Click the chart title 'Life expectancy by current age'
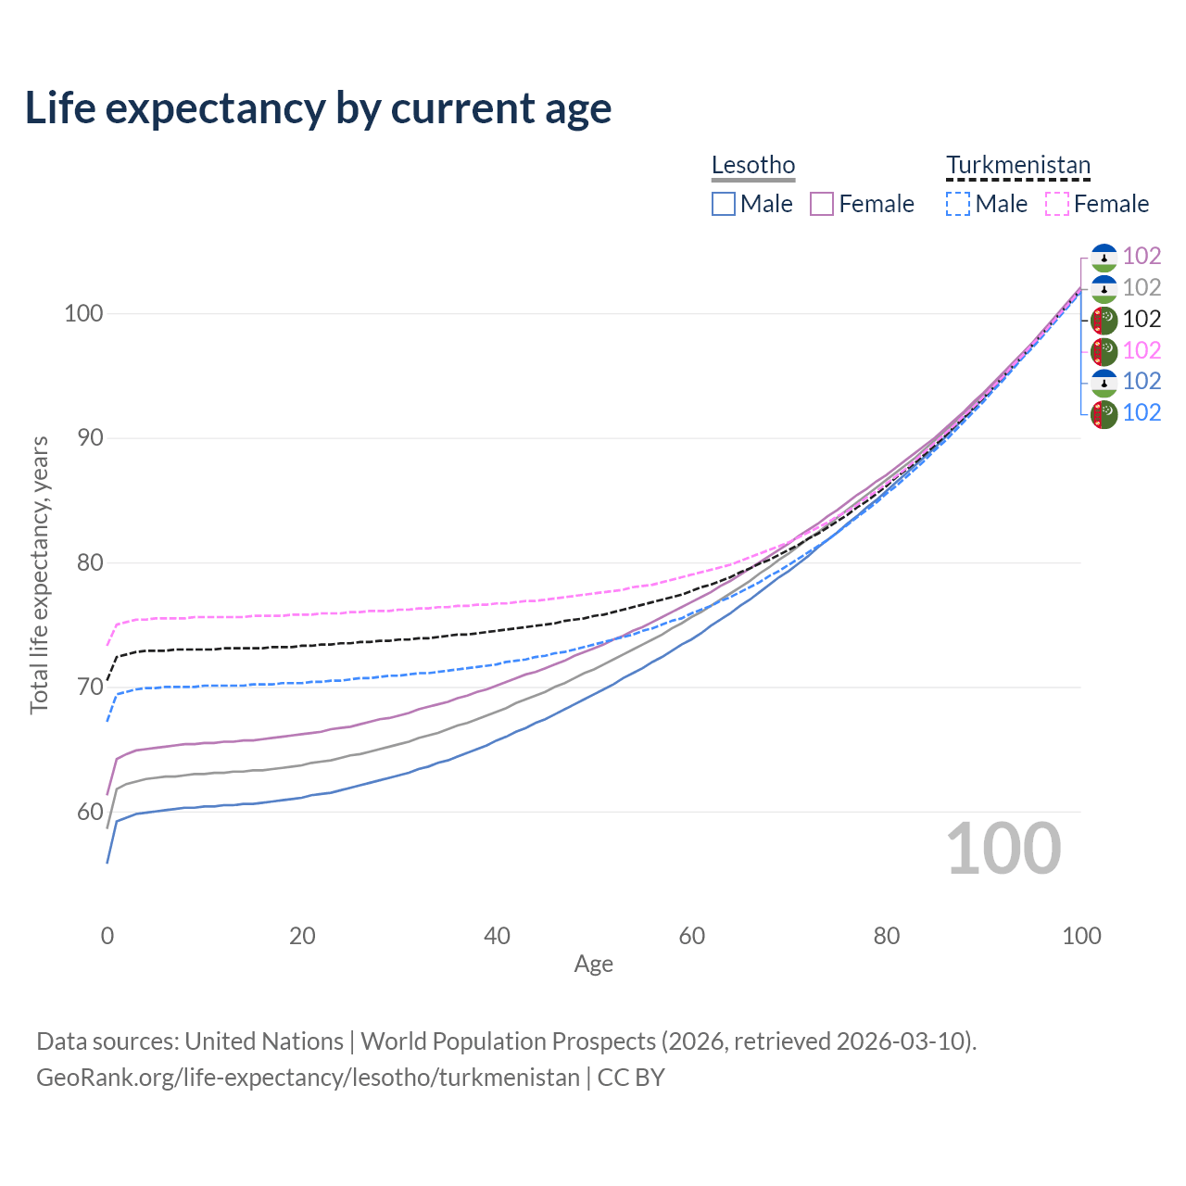[318, 108]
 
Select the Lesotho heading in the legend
[753, 165]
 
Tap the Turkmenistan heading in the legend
[1018, 165]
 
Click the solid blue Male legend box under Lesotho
[724, 204]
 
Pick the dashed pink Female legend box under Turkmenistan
[1057, 204]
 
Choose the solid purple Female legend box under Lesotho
[822, 204]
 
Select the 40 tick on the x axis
[498, 936]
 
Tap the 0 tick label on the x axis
[107, 936]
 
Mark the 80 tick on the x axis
[887, 936]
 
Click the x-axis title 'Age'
[594, 965]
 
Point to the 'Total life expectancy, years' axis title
[39, 574]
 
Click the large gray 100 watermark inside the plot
[1003, 849]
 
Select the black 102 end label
[1142, 319]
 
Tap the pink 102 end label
[1142, 350]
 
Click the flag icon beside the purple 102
[1104, 257]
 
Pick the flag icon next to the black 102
[1104, 320]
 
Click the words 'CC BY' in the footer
[631, 1078]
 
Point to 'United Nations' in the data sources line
[264, 1041]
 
